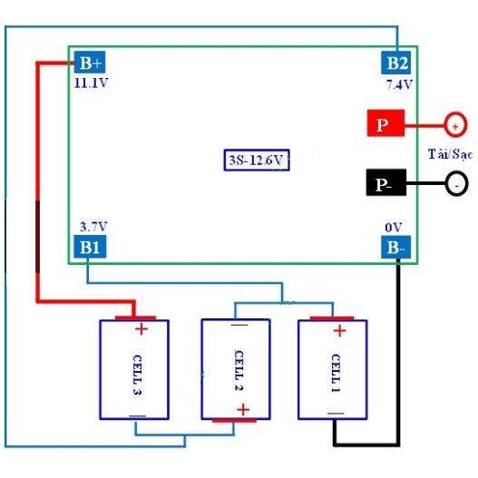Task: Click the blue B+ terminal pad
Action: [90, 63]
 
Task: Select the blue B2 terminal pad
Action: [396, 63]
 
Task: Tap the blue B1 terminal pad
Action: [90, 247]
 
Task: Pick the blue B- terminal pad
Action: [396, 247]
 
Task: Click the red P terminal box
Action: [385, 122]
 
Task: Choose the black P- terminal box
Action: [386, 182]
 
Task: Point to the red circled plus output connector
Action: [455, 125]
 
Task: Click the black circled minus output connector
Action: [456, 184]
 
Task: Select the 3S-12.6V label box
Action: [257, 160]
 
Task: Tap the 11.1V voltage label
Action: [91, 83]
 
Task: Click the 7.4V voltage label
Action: [399, 84]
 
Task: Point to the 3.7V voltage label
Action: [93, 227]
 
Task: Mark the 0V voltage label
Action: [394, 228]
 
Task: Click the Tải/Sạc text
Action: [450, 154]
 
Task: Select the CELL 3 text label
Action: [137, 375]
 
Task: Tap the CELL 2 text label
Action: [239, 370]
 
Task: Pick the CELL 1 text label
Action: [336, 373]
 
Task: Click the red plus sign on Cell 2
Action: [243, 409]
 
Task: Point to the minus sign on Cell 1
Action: [336, 414]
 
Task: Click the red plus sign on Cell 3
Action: [141, 329]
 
